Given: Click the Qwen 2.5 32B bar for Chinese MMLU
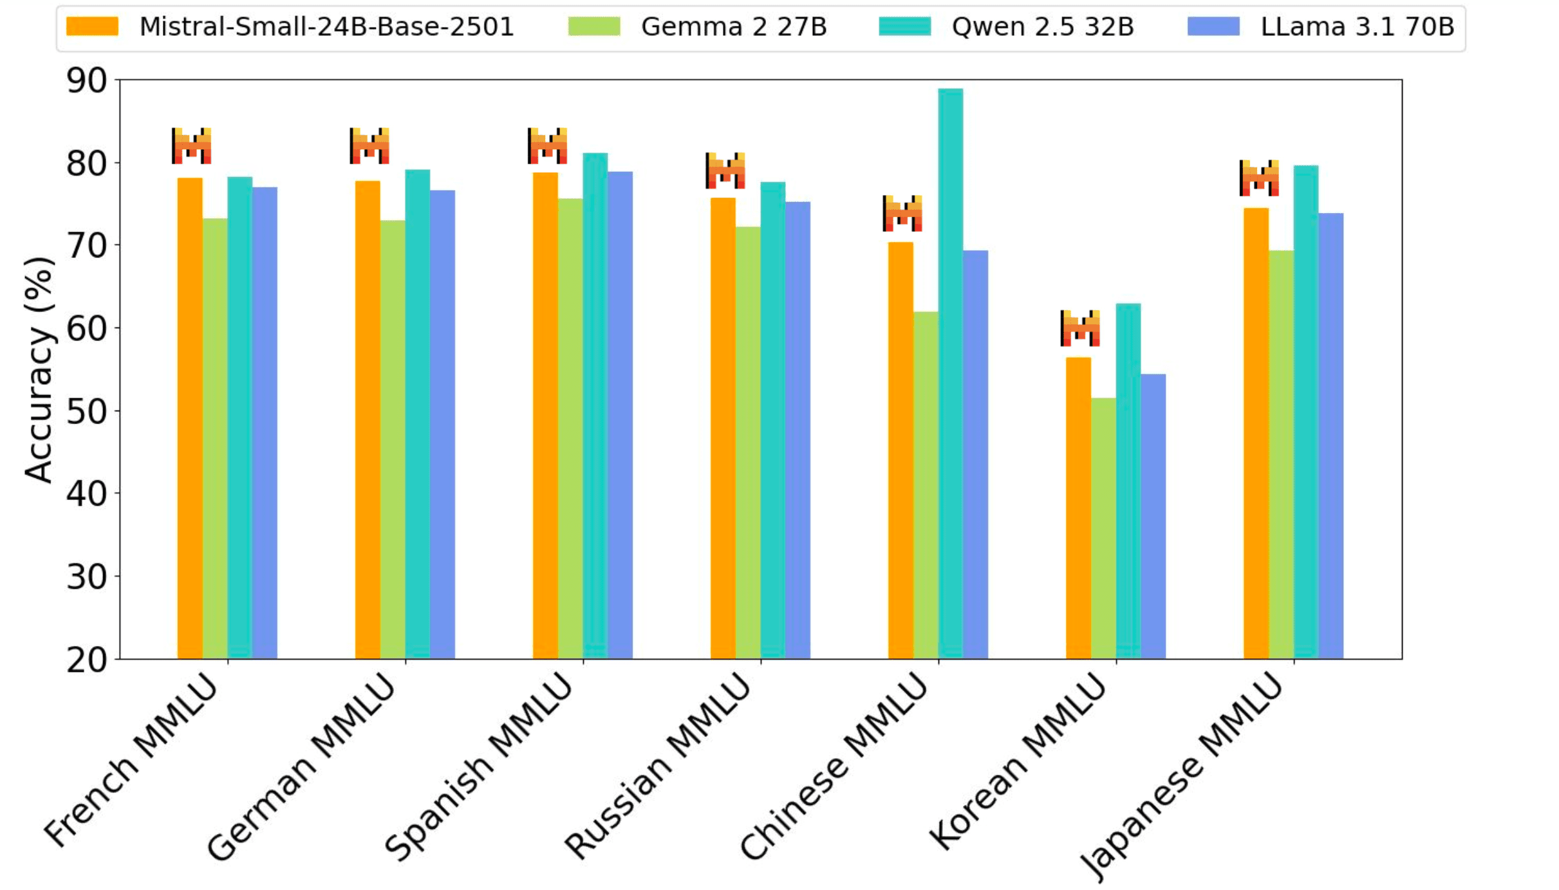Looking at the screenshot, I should [x=950, y=373].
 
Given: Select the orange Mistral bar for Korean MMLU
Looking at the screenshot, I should [x=1078, y=508].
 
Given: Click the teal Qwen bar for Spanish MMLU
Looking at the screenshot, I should [x=595, y=405].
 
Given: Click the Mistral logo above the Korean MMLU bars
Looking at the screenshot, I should [x=1079, y=328].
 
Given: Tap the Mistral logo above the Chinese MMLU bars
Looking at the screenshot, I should [x=902, y=213].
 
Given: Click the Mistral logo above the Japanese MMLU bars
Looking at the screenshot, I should [x=1258, y=178].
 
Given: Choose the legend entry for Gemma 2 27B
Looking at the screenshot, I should [x=733, y=27].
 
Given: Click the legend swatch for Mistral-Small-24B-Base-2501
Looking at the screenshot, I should [x=92, y=27].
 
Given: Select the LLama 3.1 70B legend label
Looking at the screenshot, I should [x=1357, y=27].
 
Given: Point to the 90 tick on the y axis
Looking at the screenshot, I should [x=86, y=81].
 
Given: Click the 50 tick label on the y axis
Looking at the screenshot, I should [x=86, y=412].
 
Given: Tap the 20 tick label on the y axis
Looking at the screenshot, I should [x=86, y=660].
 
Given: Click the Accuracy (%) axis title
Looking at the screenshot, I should [x=39, y=370].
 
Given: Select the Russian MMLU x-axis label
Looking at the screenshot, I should [x=657, y=766].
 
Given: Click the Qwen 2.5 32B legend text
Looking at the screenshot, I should [x=1042, y=27].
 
